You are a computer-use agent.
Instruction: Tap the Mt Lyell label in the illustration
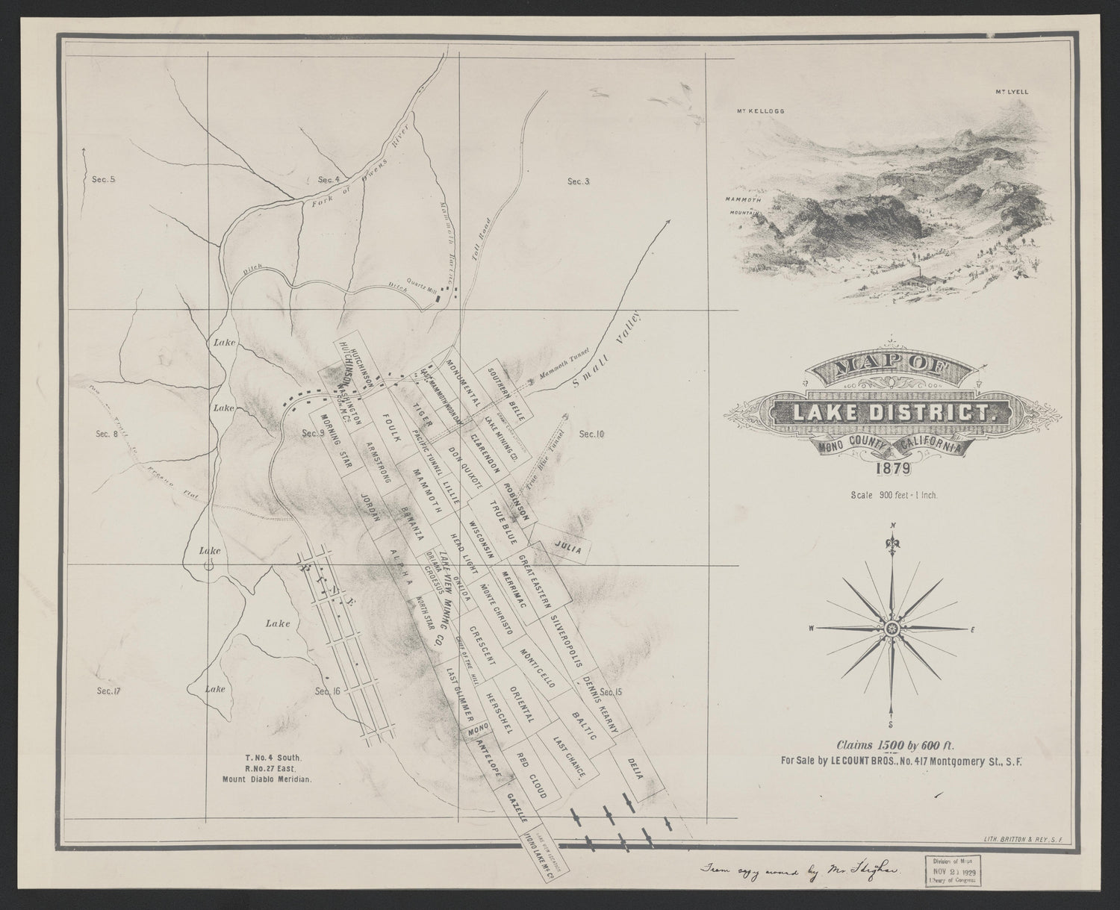click(x=1012, y=92)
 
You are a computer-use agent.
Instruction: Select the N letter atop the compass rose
click(x=892, y=526)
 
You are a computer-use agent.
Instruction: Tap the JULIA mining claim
click(x=568, y=546)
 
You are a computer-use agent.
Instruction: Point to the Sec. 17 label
click(x=108, y=691)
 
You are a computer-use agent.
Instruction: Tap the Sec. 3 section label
click(x=579, y=181)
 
